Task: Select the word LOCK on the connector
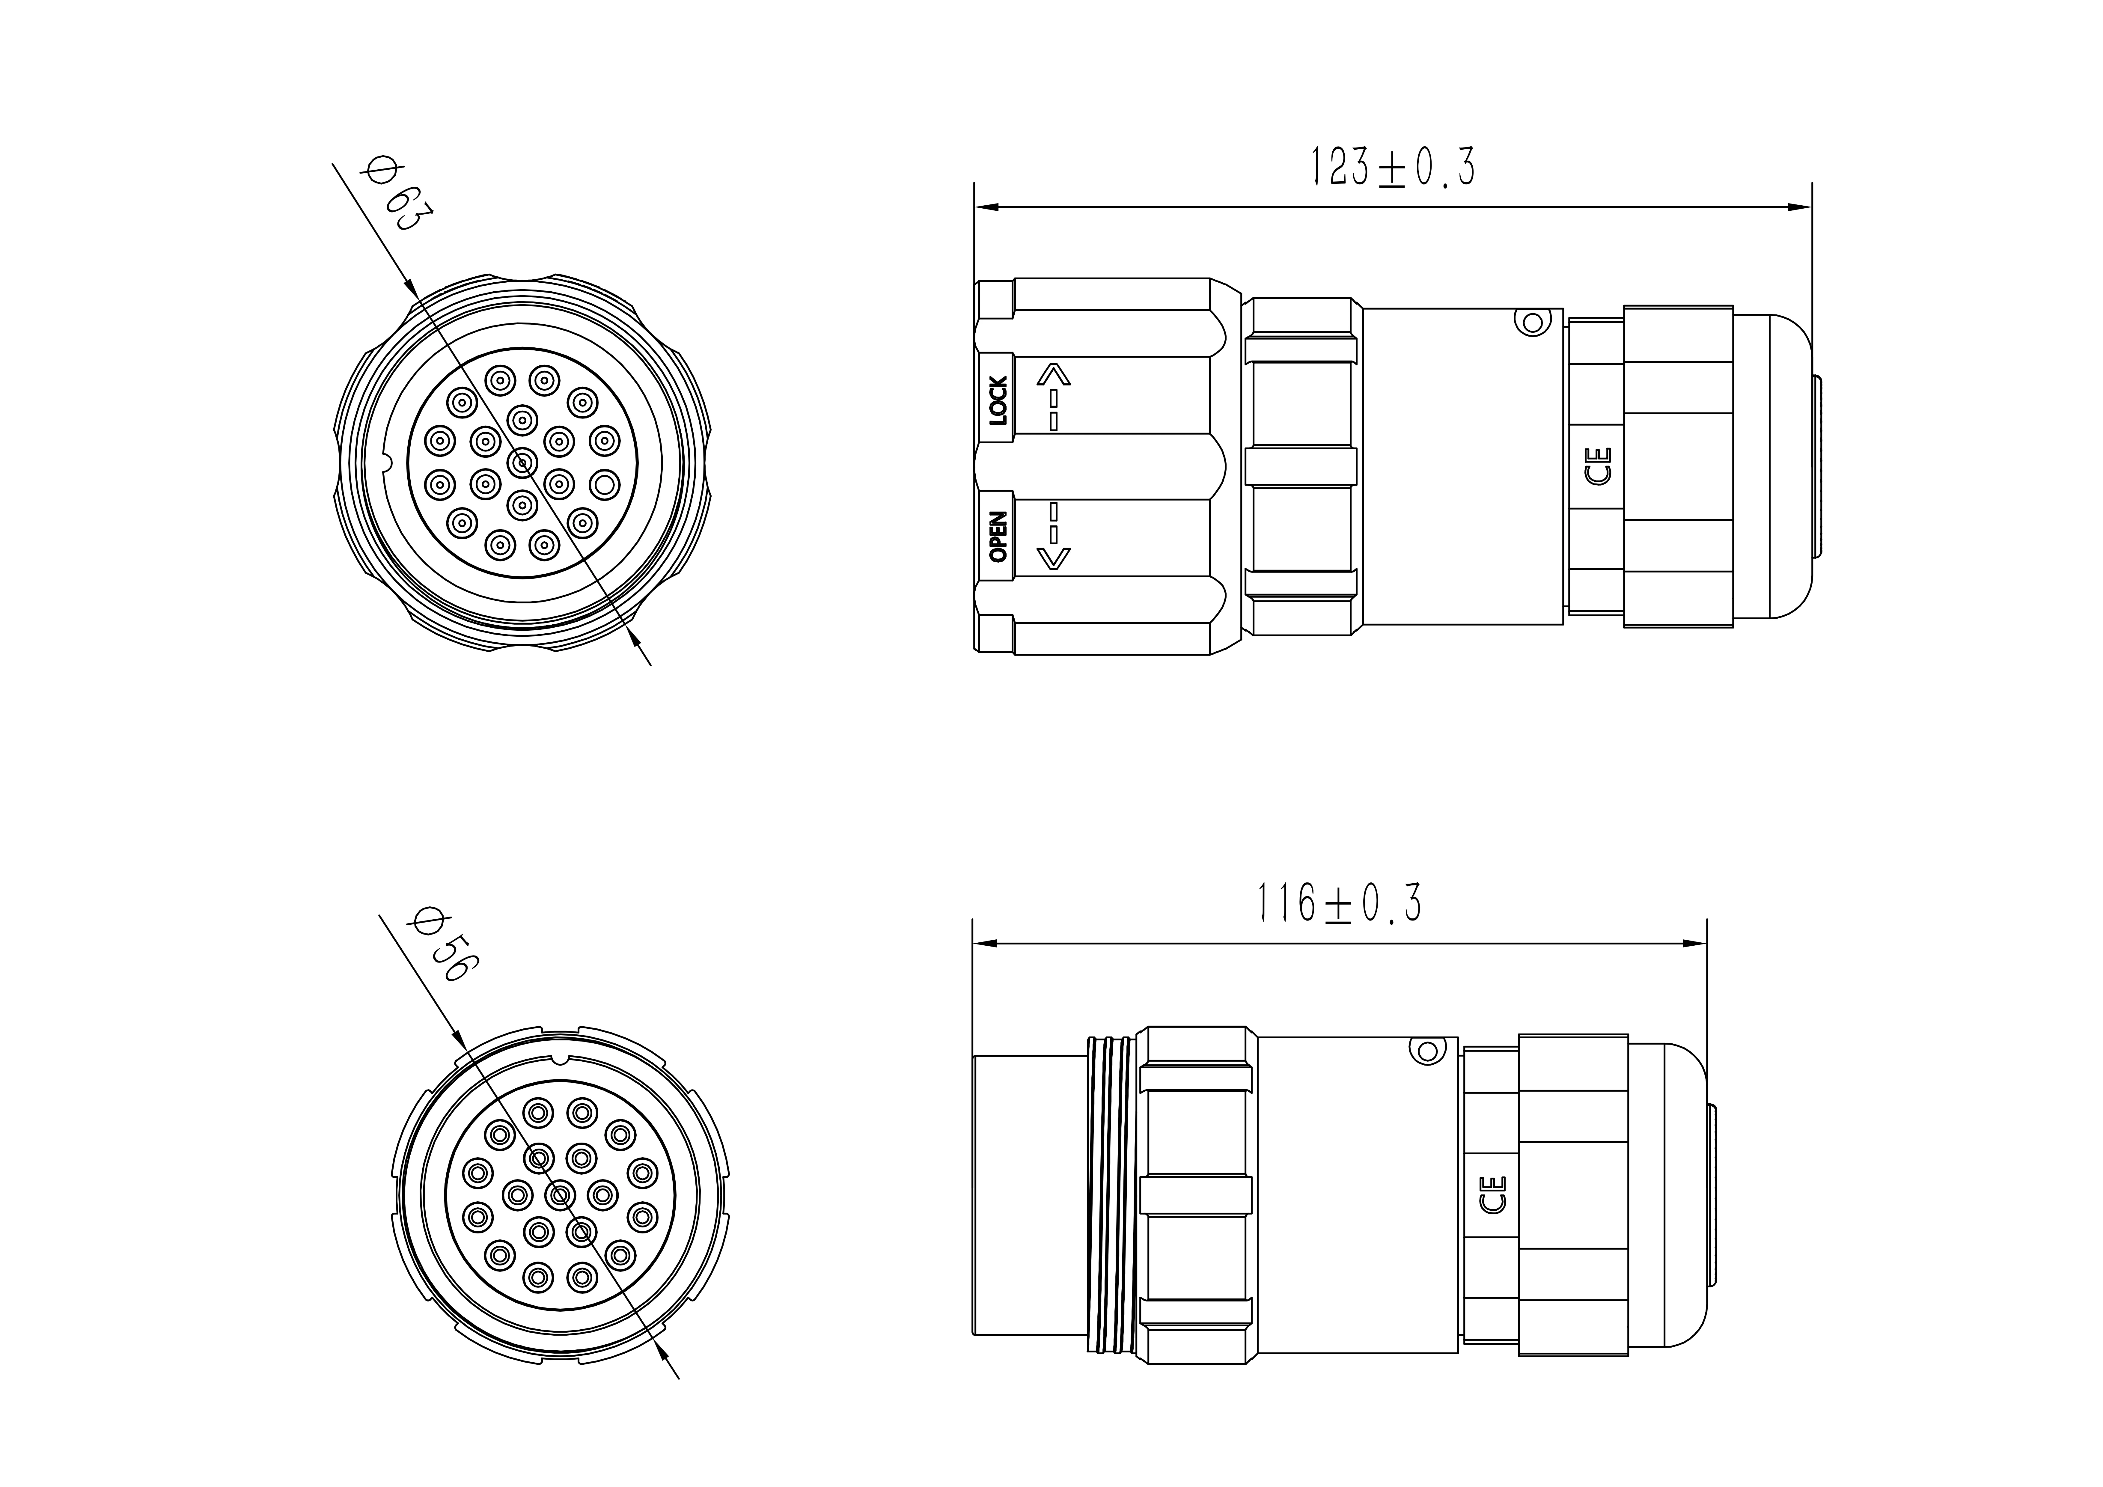[x=998, y=400]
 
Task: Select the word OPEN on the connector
[x=998, y=537]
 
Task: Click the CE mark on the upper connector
[x=1598, y=465]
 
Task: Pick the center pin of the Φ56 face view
[x=559, y=1196]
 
